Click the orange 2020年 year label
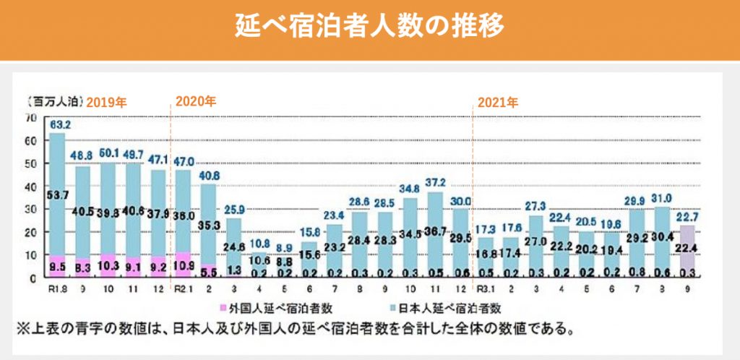[196, 102]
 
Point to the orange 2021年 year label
[498, 102]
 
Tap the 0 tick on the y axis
[33, 278]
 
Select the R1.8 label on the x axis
[58, 291]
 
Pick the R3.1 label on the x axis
[484, 291]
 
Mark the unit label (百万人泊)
[54, 101]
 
